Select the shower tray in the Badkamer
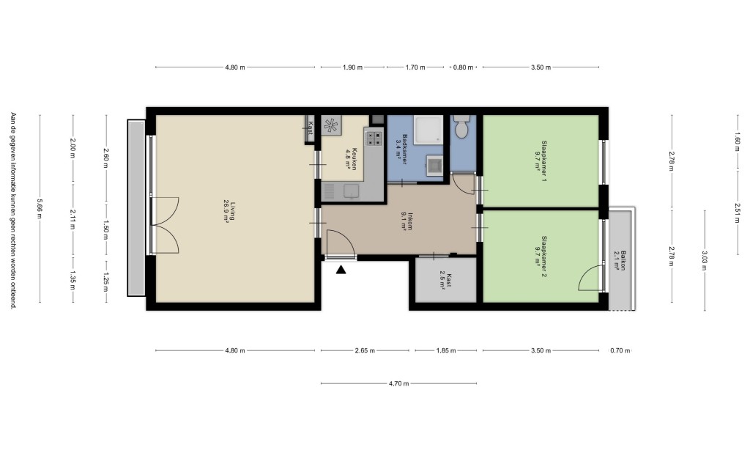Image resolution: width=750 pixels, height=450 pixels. (x=428, y=129)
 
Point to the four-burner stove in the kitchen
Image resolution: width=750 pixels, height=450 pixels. (x=374, y=139)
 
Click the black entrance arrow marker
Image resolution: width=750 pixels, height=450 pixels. (x=341, y=270)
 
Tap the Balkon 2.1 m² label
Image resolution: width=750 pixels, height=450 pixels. (x=620, y=261)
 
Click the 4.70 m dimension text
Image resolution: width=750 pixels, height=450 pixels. (x=399, y=383)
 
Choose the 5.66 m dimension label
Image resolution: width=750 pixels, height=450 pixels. (x=40, y=209)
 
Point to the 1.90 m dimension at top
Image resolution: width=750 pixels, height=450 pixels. (x=352, y=67)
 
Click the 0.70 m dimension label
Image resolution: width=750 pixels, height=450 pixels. (x=620, y=350)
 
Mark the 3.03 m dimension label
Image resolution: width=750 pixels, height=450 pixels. (x=704, y=261)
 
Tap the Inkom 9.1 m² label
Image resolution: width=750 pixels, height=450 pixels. (x=407, y=221)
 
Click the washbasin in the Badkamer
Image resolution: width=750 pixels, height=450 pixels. (x=435, y=166)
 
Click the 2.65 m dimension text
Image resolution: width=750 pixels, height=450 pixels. (x=365, y=350)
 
